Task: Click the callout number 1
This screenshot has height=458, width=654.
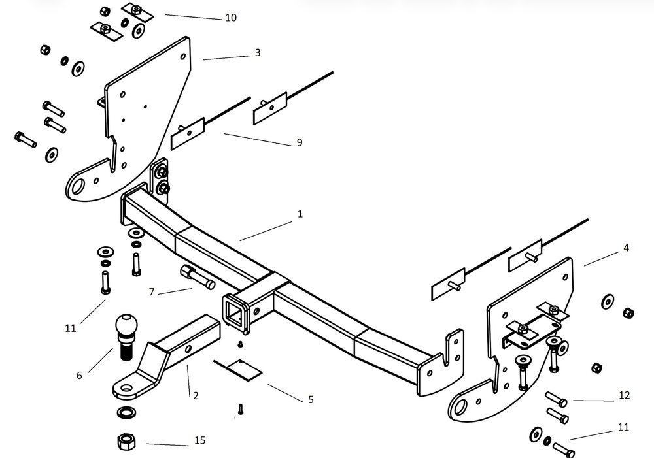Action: tap(300, 214)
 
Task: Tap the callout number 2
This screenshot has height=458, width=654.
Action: tap(195, 394)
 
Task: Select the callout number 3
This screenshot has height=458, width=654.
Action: tap(258, 52)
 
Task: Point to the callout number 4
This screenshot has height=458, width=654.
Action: tap(626, 248)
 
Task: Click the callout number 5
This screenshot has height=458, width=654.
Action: tap(311, 399)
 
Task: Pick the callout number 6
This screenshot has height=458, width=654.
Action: tap(79, 375)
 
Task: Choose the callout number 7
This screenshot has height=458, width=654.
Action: tap(152, 292)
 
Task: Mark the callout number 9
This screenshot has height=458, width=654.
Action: tap(300, 142)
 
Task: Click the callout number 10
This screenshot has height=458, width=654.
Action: tap(231, 18)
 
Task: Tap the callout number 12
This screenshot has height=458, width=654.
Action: tap(624, 395)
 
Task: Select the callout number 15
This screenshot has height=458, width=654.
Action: tap(199, 440)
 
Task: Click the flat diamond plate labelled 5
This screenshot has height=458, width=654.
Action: tap(238, 369)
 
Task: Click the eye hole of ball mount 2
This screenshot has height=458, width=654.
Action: tap(125, 389)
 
